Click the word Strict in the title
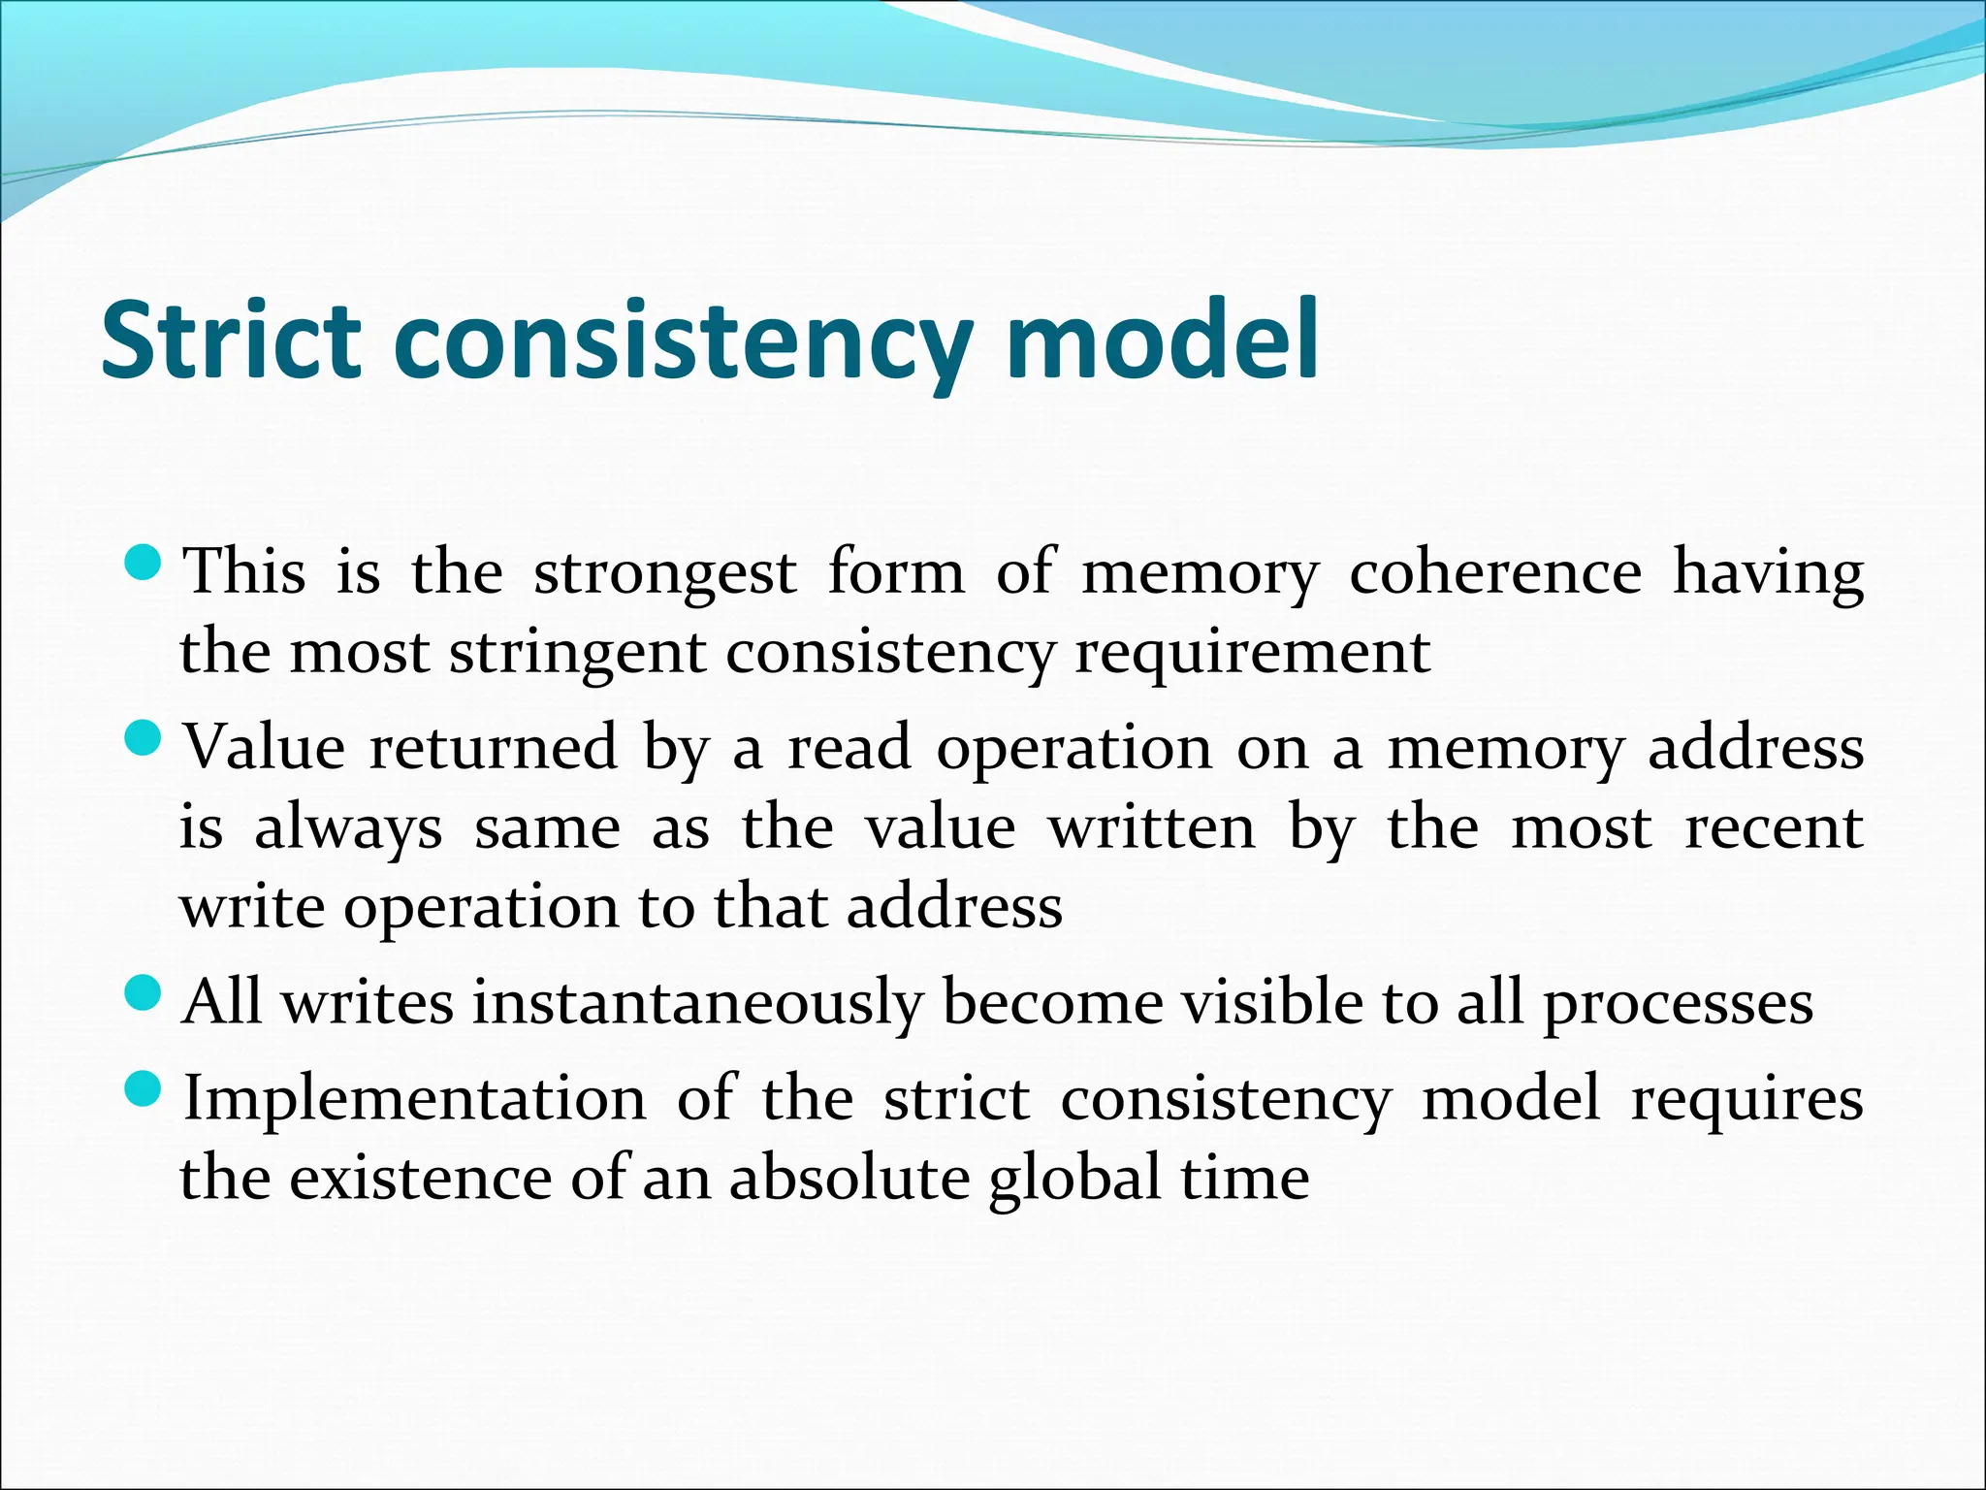[231, 341]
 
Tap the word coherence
[1495, 572]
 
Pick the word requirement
[1252, 654]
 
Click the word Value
[264, 748]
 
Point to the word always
[348, 830]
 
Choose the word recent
[1774, 828]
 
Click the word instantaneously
[696, 1003]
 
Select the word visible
[1271, 1001]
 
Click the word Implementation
[414, 1100]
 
